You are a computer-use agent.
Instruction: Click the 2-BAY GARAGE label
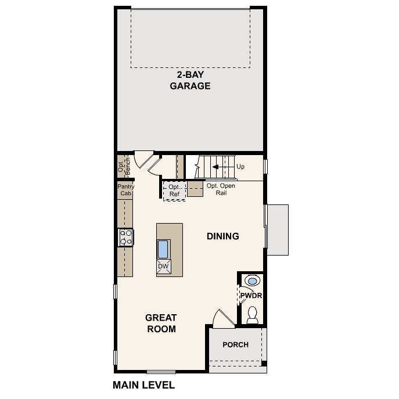190,80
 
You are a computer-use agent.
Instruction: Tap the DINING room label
223,236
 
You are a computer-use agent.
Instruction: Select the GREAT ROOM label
161,323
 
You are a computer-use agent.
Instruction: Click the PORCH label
235,344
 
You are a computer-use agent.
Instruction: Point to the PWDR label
251,296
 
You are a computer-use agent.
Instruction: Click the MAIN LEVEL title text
143,384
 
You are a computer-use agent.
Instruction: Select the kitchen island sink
163,249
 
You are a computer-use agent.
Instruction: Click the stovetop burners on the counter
125,236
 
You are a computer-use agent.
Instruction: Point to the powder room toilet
252,315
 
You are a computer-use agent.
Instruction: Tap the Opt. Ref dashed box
174,190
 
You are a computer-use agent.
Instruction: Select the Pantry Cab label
125,190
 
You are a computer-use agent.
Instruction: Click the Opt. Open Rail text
220,189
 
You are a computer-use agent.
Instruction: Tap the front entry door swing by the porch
222,319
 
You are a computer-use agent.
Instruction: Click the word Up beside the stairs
240,167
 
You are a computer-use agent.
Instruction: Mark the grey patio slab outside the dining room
278,229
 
